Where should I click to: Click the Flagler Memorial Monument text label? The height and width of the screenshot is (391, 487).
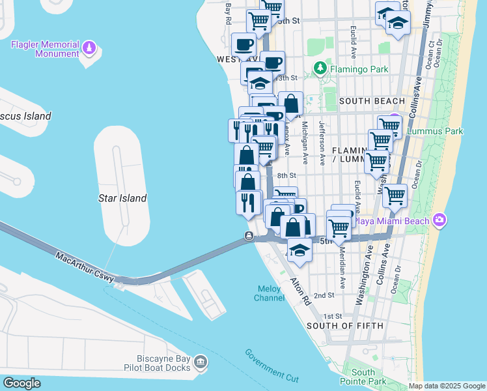click(44, 49)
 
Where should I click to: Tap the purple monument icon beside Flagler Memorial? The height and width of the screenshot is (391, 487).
click(89, 49)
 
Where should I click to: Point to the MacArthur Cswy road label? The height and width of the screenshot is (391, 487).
click(85, 267)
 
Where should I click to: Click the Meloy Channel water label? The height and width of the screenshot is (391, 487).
click(270, 293)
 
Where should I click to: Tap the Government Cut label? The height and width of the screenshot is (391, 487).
click(271, 366)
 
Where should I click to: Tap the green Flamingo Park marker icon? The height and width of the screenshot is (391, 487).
click(320, 68)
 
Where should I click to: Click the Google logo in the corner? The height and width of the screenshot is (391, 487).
click(21, 383)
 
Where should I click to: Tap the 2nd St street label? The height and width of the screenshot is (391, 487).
click(324, 295)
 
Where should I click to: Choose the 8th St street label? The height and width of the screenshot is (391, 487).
click(286, 176)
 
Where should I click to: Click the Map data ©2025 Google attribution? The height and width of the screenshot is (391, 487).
click(447, 386)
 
